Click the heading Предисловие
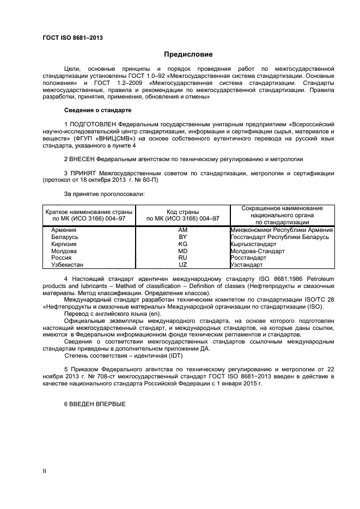pyautogui.click(x=188, y=54)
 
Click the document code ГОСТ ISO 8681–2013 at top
pyautogui.click(x=72, y=38)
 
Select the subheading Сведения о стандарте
pyautogui.click(x=94, y=111)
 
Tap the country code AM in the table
pyautogui.click(x=182, y=230)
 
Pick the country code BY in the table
pyautogui.click(x=182, y=237)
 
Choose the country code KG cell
pyautogui.click(x=182, y=244)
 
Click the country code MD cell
pyautogui.click(x=182, y=252)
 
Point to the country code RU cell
pyautogui.click(x=182, y=258)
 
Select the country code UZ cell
pyautogui.click(x=182, y=265)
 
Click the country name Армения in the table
pyautogui.click(x=63, y=230)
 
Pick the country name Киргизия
pyautogui.click(x=64, y=244)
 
